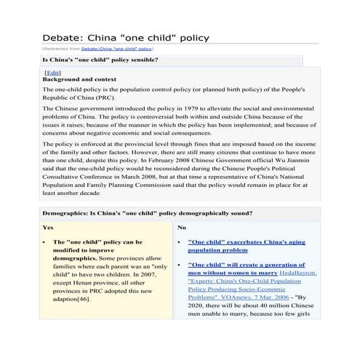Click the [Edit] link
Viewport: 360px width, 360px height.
pos(52,73)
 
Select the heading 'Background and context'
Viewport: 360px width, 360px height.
pos(80,79)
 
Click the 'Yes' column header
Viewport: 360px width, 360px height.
pos(49,227)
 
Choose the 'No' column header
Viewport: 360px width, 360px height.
pos(183,227)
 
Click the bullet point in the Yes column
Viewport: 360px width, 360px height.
pos(46,241)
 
